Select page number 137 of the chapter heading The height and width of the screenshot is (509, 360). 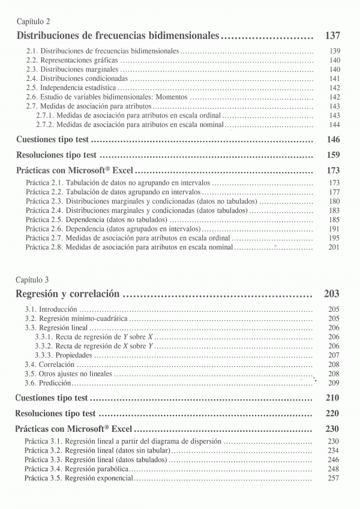coord(332,36)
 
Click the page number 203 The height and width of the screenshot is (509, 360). coord(332,294)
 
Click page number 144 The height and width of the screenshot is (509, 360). coord(335,125)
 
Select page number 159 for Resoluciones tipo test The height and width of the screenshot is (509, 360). coord(333,155)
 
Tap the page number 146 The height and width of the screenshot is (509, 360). coord(333,140)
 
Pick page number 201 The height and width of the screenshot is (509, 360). coord(335,247)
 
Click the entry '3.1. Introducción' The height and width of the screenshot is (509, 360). coord(51,309)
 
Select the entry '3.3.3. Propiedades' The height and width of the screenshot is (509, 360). coord(64,355)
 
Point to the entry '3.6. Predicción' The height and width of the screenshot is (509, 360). coord(48,382)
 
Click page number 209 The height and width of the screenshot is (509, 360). coord(335,382)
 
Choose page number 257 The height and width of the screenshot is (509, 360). coord(335,478)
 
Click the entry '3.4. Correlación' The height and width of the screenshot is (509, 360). coord(50,365)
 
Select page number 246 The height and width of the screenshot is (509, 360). coord(335,460)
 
